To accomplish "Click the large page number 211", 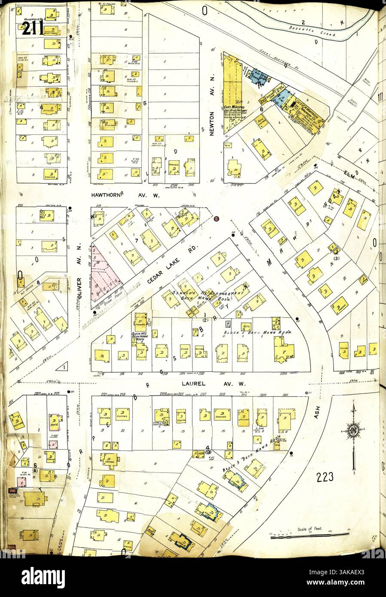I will pyautogui.click(x=32, y=29).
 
